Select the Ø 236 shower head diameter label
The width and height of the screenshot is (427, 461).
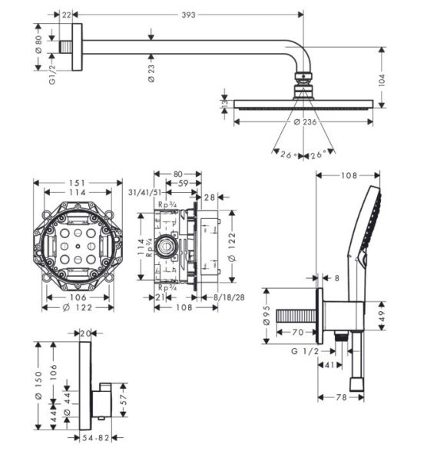click(x=306, y=122)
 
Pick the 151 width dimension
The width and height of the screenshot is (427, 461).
click(x=75, y=184)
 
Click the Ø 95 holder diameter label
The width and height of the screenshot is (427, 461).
click(x=266, y=317)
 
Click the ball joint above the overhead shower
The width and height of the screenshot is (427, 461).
click(x=305, y=80)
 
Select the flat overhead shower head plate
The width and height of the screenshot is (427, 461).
click(x=306, y=104)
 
